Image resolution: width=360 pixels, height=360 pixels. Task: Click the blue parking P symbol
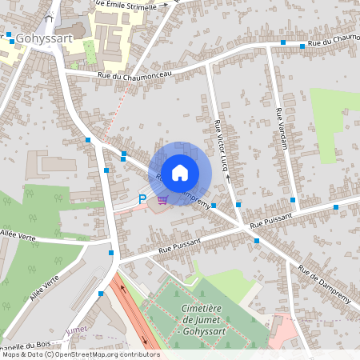(143, 198)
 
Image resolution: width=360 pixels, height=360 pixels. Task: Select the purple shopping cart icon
(162, 200)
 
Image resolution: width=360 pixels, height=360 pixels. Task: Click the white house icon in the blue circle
(180, 171)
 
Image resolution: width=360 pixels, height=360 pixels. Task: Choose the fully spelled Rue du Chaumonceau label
(118, 75)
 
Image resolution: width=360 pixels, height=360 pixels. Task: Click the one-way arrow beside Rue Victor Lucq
(228, 178)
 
